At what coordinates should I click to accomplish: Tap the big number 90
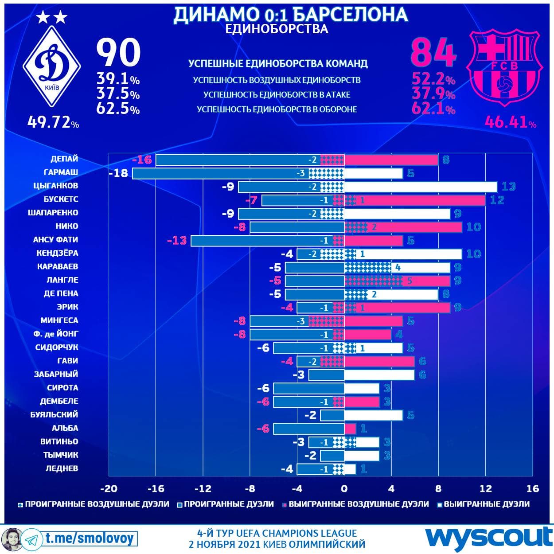coord(118,53)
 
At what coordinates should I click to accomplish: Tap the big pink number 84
coord(433,53)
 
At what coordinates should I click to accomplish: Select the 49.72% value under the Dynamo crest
coord(53,121)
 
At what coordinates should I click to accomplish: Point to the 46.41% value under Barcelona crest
coord(510,121)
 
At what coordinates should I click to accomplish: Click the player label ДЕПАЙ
coord(64,159)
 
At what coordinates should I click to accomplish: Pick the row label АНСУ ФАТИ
coord(55,239)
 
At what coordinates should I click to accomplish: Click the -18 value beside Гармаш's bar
coord(118,173)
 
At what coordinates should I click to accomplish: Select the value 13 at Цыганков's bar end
coord(508,187)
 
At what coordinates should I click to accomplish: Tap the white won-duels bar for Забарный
coord(379,375)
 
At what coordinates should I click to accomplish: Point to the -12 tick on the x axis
coord(203,488)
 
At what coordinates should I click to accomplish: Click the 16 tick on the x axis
coord(532,488)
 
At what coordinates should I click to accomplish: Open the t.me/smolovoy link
coord(89,538)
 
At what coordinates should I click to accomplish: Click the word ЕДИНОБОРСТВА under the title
coord(277,29)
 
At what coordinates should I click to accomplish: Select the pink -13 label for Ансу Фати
coord(177,241)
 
